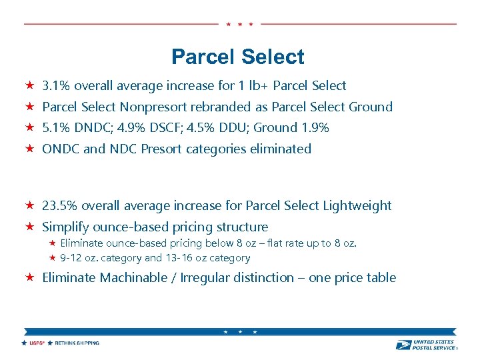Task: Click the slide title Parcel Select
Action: point(237,57)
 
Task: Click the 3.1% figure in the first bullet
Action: point(56,85)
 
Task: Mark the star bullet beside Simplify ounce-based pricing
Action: point(29,227)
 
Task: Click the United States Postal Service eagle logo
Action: point(404,345)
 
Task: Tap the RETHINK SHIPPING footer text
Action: point(77,343)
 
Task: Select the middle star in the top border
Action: point(239,24)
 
